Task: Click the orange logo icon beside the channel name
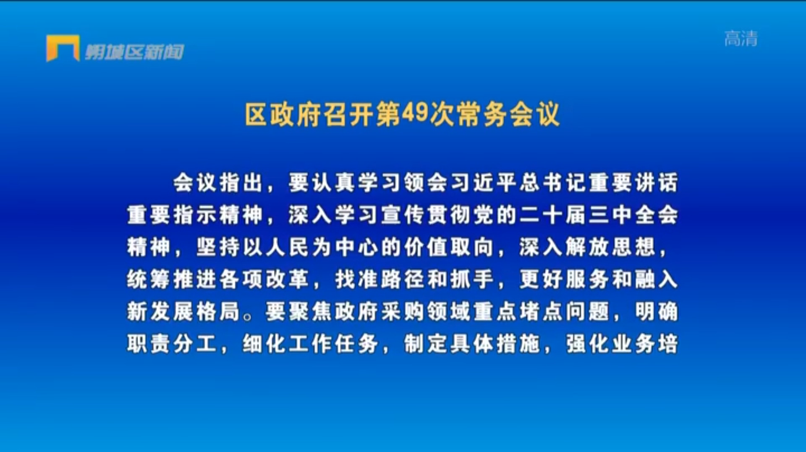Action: (63, 48)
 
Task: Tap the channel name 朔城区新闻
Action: (134, 52)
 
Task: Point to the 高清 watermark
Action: (741, 39)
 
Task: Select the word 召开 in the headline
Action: (336, 114)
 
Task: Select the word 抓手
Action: (472, 279)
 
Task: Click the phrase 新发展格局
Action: (183, 312)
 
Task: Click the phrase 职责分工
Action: (172, 344)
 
